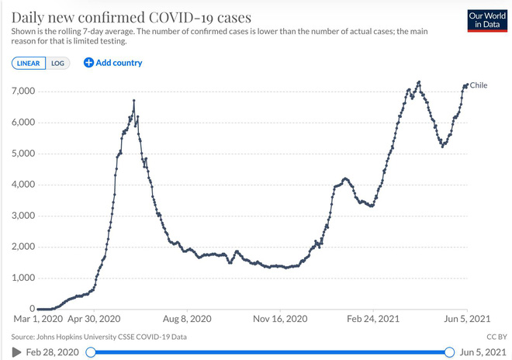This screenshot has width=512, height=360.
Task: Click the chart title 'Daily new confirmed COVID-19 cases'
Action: point(131,16)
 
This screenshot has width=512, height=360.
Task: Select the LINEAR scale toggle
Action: point(29,63)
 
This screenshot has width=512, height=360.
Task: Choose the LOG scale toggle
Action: point(57,63)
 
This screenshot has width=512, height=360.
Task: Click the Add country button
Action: point(113,63)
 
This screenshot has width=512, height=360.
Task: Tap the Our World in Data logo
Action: point(486,21)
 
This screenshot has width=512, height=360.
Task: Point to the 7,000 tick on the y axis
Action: point(23,92)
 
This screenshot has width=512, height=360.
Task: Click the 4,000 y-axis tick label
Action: point(23,185)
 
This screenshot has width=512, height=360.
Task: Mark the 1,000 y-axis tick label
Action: point(23,278)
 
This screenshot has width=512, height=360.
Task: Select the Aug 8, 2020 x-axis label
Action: point(186,319)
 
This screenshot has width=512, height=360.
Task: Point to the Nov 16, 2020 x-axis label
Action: point(281,319)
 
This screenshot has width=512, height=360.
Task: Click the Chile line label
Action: point(479,85)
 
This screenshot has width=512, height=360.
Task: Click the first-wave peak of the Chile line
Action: point(134,101)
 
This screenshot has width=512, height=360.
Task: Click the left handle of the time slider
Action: point(91,352)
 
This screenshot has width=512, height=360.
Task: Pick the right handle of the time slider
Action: point(449,352)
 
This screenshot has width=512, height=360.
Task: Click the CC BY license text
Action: point(495,337)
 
